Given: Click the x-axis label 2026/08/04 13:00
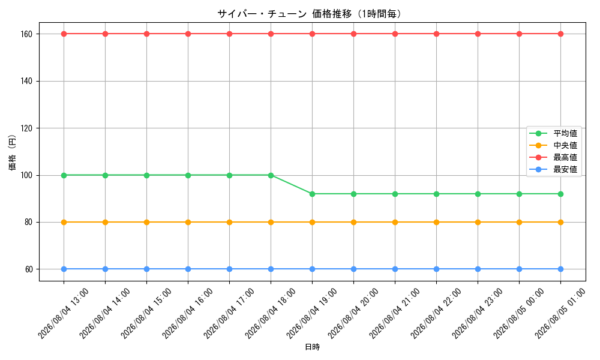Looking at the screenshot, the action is [x=64, y=313].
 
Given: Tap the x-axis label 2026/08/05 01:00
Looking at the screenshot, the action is [x=560, y=313].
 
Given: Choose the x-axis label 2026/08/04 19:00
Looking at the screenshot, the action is [x=312, y=313].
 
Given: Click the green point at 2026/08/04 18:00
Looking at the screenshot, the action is [x=271, y=175].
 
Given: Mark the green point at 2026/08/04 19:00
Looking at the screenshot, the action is [x=312, y=194].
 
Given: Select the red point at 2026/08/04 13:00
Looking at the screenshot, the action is [x=64, y=34].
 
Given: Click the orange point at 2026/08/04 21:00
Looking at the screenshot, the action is [x=395, y=222].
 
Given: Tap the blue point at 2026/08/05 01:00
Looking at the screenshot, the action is [x=560, y=269].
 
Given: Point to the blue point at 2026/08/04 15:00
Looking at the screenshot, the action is [x=146, y=269].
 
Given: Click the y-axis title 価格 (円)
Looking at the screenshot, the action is [x=12, y=152].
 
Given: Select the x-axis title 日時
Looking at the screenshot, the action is [x=312, y=347].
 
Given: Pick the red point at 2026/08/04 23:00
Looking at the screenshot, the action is [x=478, y=34].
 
